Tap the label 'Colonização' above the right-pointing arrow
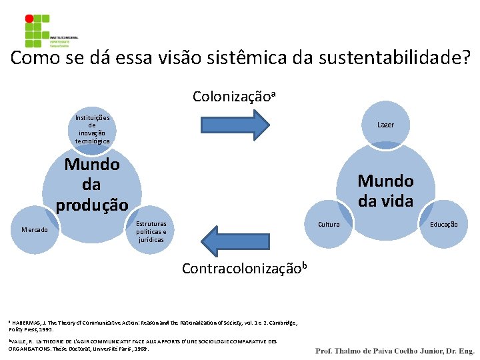(x=230, y=97)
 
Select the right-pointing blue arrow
(x=234, y=123)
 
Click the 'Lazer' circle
(x=385, y=125)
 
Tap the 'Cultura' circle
(x=329, y=225)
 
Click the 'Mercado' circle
(x=34, y=229)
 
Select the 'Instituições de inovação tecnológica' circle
(x=92, y=129)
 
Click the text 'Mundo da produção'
(x=92, y=184)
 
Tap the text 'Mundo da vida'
(x=385, y=190)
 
